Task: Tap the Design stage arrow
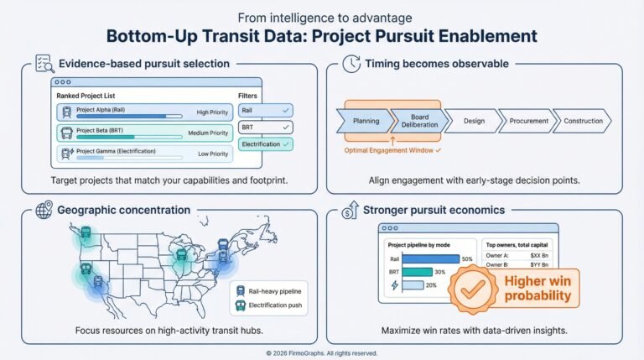474,121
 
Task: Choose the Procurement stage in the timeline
529,121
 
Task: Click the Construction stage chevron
583,121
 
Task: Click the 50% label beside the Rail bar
467,258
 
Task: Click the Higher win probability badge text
537,288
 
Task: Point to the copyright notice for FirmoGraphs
322,353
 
